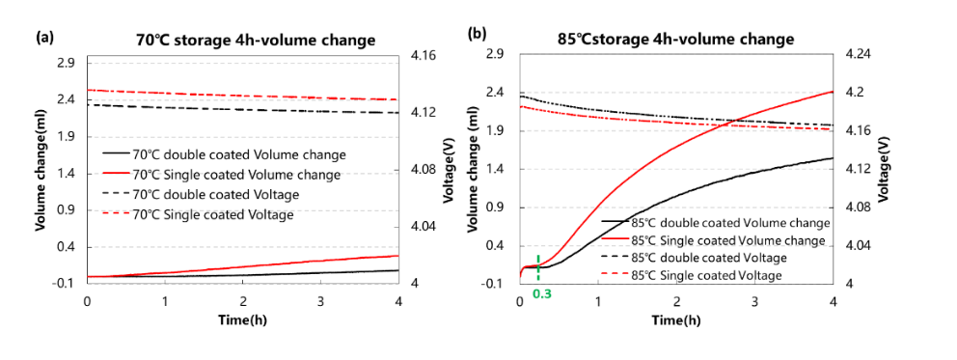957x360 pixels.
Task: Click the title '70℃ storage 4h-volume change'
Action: point(255,40)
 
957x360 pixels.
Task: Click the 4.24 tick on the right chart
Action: point(857,55)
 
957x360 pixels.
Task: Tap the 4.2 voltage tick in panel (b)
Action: point(853,93)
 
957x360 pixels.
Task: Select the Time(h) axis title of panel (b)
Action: point(675,318)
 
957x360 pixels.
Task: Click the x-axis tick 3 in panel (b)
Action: point(754,302)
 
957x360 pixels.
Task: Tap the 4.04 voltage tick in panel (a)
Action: point(424,227)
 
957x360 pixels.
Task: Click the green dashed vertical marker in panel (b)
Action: point(536,264)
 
